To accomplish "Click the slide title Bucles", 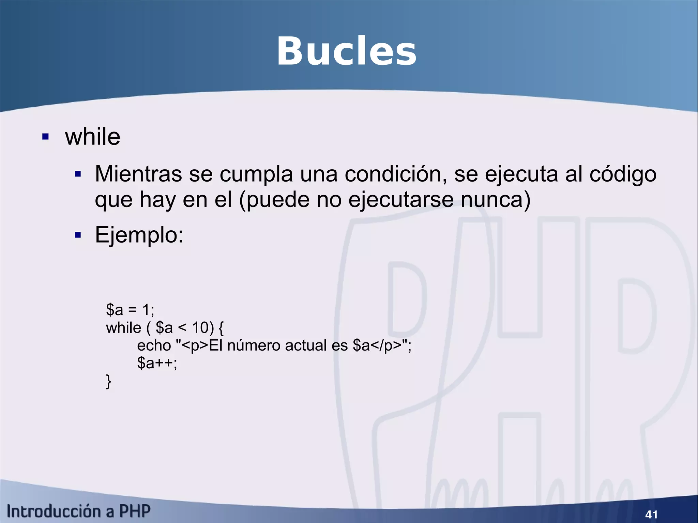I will [346, 52].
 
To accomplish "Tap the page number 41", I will [651, 514].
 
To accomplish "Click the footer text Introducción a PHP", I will [78, 511].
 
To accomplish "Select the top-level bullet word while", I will [93, 137].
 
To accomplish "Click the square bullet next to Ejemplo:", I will [78, 235].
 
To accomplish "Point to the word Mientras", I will [138, 174].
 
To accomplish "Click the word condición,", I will [395, 174].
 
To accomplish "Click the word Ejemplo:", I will [139, 235].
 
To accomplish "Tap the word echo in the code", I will [154, 345].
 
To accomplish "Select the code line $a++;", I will [157, 363].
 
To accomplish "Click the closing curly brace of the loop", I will [108, 381].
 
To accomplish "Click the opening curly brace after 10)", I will [221, 328].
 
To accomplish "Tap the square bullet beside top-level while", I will [45, 137].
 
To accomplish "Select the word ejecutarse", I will [401, 200].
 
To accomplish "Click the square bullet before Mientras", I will [78, 174].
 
